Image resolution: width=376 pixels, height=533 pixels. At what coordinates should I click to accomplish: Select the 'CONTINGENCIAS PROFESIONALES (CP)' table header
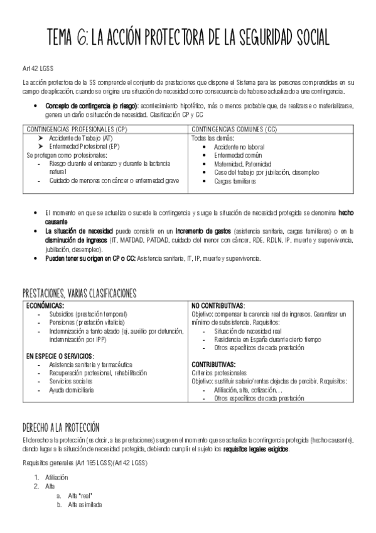(77, 129)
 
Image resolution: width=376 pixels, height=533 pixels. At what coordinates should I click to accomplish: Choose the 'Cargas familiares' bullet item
(235, 181)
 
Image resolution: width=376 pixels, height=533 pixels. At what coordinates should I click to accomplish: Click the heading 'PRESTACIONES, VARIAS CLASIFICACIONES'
(79, 293)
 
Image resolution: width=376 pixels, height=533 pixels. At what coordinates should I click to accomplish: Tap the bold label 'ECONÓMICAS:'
(46, 305)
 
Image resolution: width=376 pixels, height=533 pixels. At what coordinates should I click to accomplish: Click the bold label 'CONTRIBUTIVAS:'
(213, 364)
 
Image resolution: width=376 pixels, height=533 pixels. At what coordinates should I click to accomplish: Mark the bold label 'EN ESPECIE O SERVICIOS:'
(60, 355)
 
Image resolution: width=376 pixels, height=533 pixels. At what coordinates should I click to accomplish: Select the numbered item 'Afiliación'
(57, 477)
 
